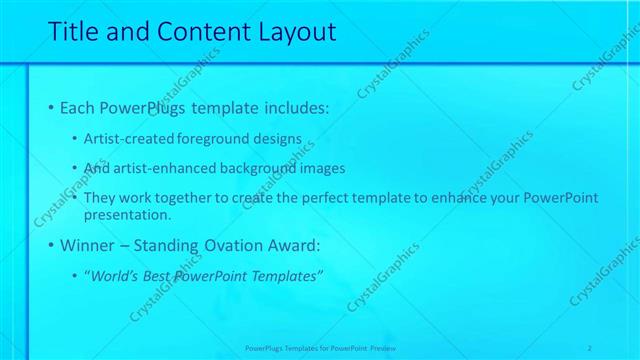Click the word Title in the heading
(x=72, y=32)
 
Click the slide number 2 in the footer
(x=590, y=347)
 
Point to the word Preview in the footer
(x=382, y=347)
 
